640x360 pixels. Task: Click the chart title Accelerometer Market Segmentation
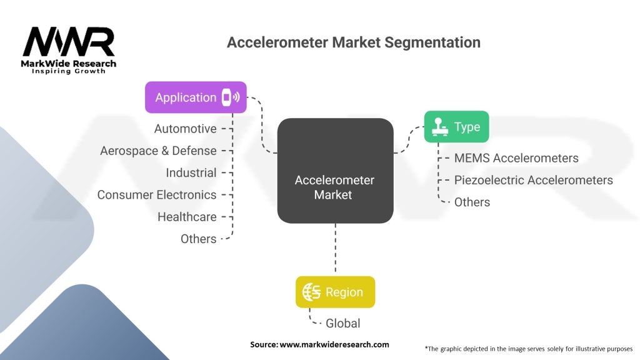353,42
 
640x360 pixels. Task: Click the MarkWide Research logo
69,50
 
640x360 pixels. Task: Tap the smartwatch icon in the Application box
229,97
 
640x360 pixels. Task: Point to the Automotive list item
186,129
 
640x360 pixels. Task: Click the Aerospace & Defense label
158,151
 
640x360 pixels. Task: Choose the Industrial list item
191,172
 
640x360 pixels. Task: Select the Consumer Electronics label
156,194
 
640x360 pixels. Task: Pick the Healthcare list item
187,217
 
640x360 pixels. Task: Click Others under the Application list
198,239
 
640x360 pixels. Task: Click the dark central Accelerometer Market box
335,171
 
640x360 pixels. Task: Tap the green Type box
456,127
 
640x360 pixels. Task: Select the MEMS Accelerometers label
516,158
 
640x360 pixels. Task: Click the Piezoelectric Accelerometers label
533,180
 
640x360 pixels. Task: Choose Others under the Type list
472,202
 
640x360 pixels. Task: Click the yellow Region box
336,292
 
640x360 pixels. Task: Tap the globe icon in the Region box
311,292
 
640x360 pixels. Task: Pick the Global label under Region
342,323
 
